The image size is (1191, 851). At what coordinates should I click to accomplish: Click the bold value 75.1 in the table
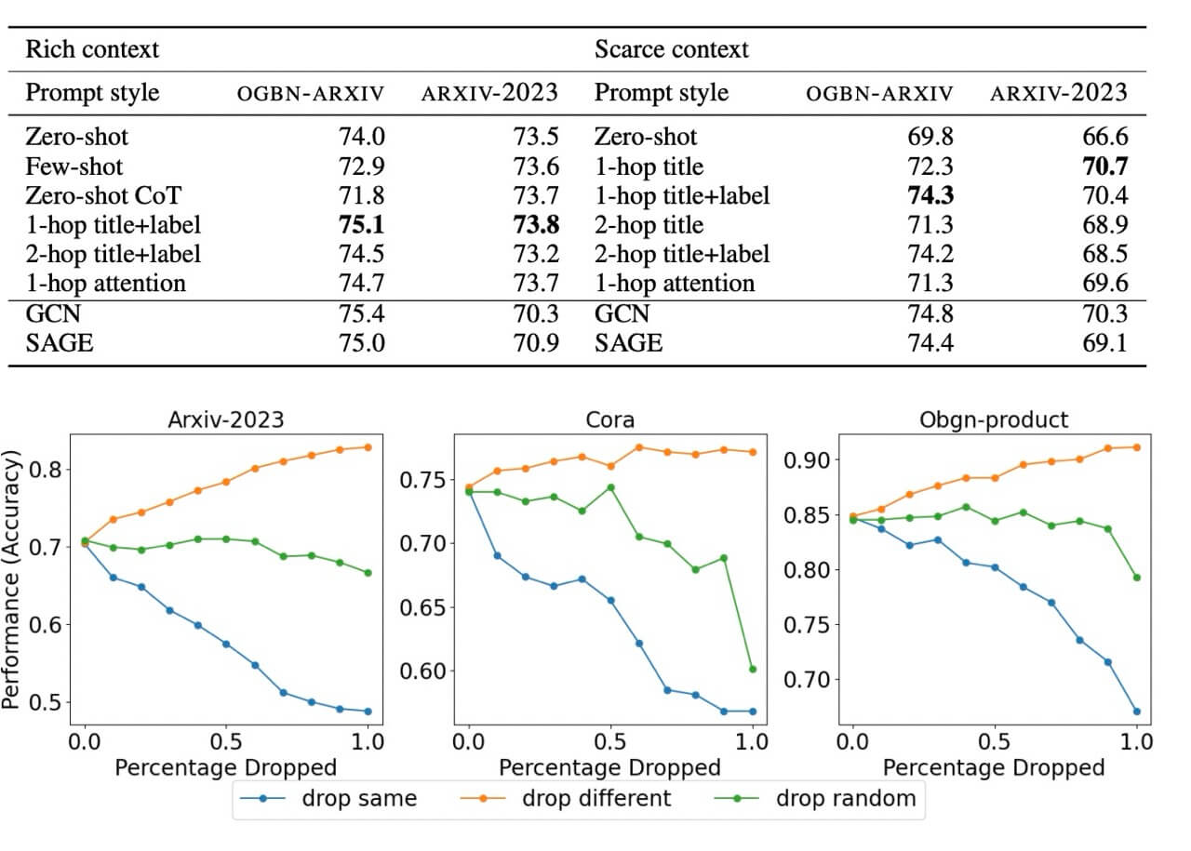pos(362,224)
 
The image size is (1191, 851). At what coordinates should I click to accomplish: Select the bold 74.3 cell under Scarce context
pos(930,195)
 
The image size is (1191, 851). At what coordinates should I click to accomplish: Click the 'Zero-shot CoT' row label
pos(103,195)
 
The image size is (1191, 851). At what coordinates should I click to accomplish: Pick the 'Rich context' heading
pos(92,48)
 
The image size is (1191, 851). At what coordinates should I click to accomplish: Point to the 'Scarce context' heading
pos(671,48)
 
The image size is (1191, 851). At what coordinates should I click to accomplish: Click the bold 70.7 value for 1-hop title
pos(1104,166)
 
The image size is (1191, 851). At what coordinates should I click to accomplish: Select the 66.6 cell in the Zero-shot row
pos(1104,137)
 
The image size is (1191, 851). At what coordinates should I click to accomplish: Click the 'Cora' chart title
pos(610,419)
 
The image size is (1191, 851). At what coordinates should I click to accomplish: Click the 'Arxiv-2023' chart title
pos(226,419)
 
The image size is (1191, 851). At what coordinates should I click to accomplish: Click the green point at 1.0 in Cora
pos(752,669)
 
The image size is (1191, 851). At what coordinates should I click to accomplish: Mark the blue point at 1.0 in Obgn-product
pos(1136,711)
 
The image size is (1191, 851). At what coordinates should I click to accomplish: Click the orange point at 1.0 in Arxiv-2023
pos(368,447)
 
